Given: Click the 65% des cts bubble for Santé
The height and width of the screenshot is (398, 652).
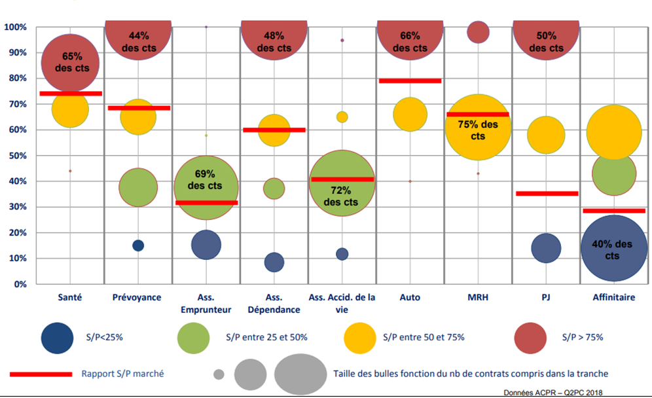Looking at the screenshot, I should point(70,63).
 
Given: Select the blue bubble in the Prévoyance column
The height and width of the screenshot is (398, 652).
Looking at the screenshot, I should point(138,245).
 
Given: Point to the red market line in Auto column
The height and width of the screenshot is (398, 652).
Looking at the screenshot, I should point(410,81).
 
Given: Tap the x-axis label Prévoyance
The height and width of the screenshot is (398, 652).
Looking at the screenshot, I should point(137,297).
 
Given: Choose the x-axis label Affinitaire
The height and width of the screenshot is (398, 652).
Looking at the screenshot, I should point(613,297).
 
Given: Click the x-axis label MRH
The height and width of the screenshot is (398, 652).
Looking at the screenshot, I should point(478,297).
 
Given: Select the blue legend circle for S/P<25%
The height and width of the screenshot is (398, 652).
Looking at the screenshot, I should point(57,337).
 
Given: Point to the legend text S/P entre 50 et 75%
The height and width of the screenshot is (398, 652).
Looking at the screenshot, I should point(424,337).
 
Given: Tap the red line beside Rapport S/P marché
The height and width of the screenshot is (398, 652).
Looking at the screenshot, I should point(41,374).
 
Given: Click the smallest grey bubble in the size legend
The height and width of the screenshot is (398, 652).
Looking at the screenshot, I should point(219,374).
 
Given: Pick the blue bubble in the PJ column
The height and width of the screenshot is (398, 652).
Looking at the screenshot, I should point(546,248).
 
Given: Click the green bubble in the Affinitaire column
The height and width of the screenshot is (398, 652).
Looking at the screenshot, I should point(614,174).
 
